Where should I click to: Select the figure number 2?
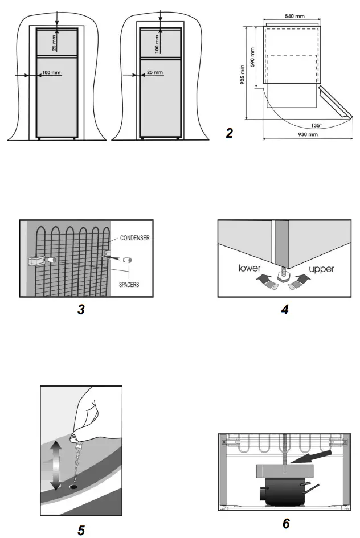[230, 134]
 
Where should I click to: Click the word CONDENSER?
[135, 239]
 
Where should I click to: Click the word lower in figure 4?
[251, 268]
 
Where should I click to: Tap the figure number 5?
[81, 530]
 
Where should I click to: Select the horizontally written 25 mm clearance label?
[154, 73]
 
